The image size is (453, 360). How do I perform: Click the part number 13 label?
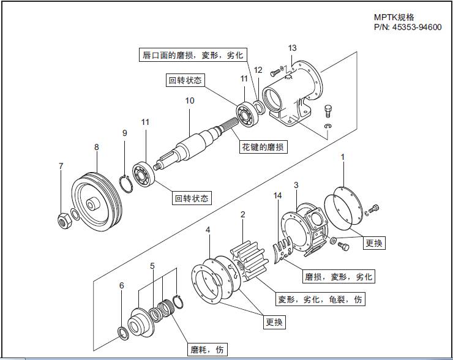click(292, 48)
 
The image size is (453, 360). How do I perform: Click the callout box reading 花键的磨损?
click(263, 147)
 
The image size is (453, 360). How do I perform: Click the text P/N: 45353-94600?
click(407, 28)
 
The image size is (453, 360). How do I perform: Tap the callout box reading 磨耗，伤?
click(208, 350)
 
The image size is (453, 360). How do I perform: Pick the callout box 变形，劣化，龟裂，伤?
click(321, 300)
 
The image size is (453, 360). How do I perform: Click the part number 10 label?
click(190, 100)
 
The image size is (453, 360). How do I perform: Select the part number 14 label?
click(278, 196)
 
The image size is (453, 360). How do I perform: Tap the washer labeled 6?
click(122, 333)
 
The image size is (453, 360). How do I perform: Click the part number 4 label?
click(208, 230)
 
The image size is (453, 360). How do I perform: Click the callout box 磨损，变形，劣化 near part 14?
click(339, 276)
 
